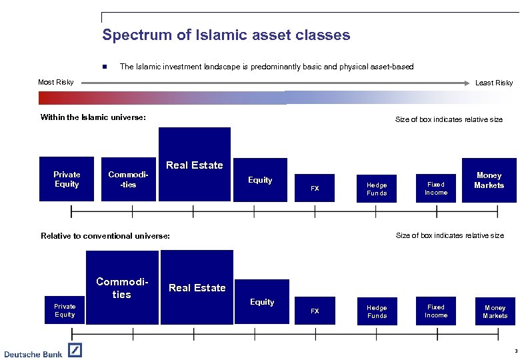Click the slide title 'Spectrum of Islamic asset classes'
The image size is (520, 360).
click(226, 35)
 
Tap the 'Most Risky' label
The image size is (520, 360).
click(56, 83)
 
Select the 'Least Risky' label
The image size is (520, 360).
click(493, 83)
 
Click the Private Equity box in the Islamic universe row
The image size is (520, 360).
click(67, 179)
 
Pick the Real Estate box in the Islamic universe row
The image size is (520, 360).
click(194, 164)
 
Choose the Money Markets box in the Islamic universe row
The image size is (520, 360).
click(489, 180)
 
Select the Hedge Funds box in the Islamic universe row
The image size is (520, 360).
click(377, 189)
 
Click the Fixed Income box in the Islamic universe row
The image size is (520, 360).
click(436, 188)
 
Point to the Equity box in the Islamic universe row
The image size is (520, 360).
click(260, 179)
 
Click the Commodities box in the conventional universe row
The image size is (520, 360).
click(122, 287)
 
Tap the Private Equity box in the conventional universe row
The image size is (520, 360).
click(65, 310)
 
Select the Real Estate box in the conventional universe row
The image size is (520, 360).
click(197, 287)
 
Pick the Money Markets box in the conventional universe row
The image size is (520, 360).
click(495, 311)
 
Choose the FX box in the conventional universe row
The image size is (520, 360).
click(315, 311)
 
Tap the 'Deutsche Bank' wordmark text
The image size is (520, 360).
click(33, 353)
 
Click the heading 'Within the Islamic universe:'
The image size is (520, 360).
click(93, 118)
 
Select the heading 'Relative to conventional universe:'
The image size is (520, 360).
click(105, 236)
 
